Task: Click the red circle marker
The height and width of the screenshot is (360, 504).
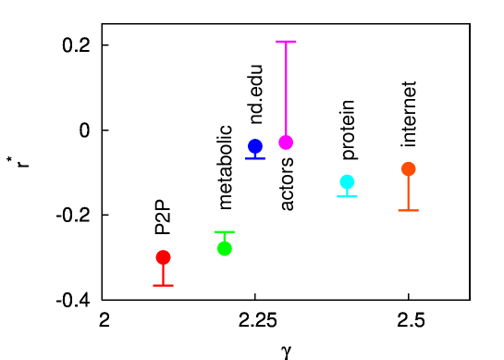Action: tap(163, 257)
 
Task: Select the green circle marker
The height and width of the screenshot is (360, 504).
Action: tap(225, 248)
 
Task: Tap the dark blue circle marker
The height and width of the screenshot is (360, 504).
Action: tap(255, 146)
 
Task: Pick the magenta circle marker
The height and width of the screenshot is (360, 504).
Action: tap(286, 143)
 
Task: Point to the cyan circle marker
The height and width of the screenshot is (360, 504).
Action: tap(347, 181)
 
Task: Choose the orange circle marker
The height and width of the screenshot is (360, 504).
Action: tap(408, 168)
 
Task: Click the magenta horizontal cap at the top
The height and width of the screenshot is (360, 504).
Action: tap(286, 42)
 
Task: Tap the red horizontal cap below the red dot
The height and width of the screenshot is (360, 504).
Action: tap(163, 285)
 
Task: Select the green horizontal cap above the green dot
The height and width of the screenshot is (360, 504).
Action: tap(224, 231)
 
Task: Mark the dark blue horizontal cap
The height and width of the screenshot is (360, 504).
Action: tap(255, 158)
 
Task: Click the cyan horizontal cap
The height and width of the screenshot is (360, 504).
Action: tap(347, 196)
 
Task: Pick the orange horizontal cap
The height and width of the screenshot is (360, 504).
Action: tap(408, 210)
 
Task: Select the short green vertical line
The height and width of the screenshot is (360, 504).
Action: tap(224, 237)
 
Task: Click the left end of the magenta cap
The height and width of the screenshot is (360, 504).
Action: tap(277, 42)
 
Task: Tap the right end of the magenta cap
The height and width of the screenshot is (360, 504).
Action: tap(296, 42)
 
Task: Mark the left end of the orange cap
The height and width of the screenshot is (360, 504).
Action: tap(399, 210)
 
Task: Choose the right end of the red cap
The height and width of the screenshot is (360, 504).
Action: tap(173, 285)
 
